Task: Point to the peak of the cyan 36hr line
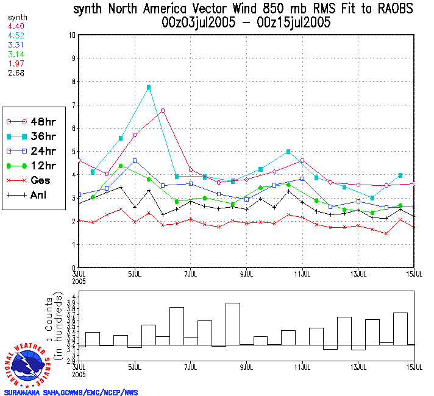pyautogui.click(x=149, y=87)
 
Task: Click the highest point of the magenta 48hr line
pyautogui.click(x=163, y=110)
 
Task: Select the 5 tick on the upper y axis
pyautogui.click(x=73, y=152)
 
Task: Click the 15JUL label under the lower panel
pyautogui.click(x=414, y=368)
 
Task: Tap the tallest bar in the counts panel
pyautogui.click(x=233, y=324)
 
